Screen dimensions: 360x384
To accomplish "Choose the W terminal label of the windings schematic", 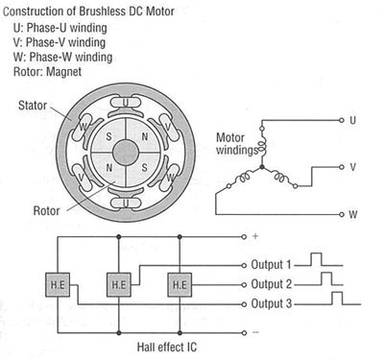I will click(353, 212).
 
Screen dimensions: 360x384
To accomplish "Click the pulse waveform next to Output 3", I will click(338, 299).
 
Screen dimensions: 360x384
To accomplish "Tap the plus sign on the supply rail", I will click(255, 234).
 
